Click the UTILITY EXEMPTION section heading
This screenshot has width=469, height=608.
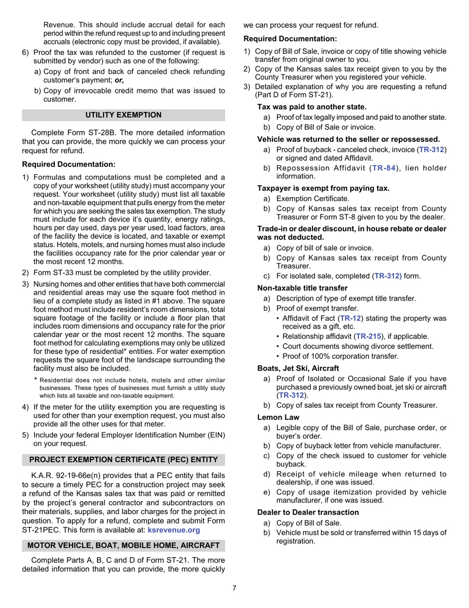[123, 115]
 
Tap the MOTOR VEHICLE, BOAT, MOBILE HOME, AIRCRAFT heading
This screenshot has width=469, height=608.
[123, 545]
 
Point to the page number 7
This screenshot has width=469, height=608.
[234, 588]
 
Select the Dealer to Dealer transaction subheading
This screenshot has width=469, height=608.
[308, 512]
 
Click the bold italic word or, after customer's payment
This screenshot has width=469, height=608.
[118, 80]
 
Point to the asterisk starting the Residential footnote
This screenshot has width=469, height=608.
[36, 380]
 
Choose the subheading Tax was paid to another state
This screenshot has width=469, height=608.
[312, 107]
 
